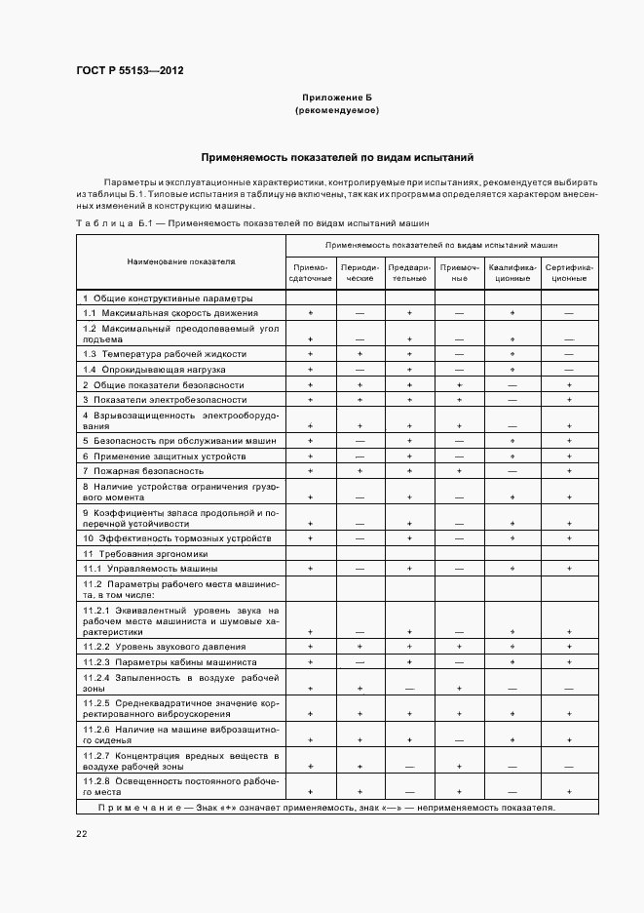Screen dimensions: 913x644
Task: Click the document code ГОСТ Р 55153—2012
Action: (130, 71)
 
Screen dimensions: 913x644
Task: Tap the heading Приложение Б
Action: (337, 99)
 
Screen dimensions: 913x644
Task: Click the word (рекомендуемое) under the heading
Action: (337, 111)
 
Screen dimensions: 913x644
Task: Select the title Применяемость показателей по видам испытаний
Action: (337, 157)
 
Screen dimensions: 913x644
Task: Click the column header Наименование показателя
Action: (181, 262)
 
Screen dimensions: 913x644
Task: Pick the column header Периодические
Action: (360, 272)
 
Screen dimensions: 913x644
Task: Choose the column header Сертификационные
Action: (569, 272)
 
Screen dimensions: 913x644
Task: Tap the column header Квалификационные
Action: (512, 272)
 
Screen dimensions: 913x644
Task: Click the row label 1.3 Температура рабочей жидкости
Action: (165, 354)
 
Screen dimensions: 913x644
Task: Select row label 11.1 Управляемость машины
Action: (150, 568)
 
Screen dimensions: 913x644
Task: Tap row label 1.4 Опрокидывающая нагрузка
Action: (154, 370)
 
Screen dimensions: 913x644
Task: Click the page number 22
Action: (81, 834)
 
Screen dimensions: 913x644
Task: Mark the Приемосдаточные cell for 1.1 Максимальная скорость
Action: (311, 313)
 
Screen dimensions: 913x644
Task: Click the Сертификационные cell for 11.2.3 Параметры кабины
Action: (569, 662)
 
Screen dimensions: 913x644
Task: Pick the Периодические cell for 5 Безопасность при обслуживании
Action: (360, 440)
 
